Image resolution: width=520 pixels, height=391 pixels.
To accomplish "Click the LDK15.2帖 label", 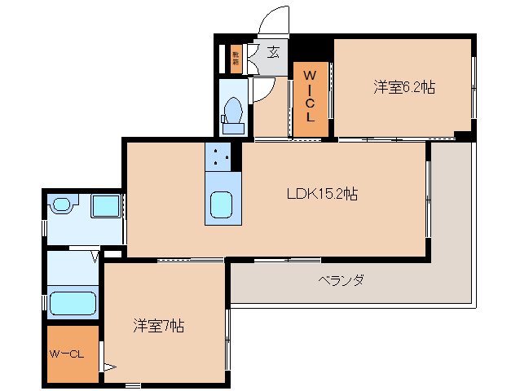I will [x=322, y=194].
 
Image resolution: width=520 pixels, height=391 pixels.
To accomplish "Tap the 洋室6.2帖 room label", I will [x=403, y=87].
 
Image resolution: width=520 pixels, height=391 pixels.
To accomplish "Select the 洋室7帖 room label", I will [x=159, y=326].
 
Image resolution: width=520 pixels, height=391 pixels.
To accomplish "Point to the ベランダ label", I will [x=341, y=280].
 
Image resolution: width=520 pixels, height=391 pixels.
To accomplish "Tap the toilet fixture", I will [x=232, y=112].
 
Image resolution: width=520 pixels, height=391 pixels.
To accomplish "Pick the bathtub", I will [x=73, y=302].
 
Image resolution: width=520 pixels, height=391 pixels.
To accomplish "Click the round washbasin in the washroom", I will [x=62, y=205].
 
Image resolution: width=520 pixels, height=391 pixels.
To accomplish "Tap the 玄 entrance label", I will [x=274, y=53].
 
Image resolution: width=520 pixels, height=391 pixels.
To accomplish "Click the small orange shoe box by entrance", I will [x=236, y=58].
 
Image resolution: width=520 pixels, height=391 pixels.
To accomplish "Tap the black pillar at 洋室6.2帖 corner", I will [x=463, y=135].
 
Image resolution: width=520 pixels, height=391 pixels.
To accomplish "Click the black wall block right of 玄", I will [x=311, y=48].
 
